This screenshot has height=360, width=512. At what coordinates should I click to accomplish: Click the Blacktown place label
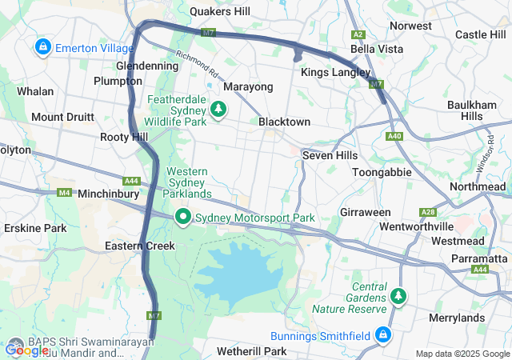[x=284, y=122]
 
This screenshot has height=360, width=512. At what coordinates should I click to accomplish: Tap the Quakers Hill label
[x=219, y=11]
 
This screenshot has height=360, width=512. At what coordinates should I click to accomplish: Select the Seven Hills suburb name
[x=329, y=154]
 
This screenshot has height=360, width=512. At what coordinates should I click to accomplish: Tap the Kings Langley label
[x=335, y=73]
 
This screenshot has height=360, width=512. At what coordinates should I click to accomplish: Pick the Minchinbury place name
[x=110, y=194]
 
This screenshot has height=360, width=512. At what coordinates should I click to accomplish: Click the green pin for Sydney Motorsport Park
[x=182, y=217]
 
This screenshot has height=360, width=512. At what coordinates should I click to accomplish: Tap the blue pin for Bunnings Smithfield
[x=384, y=334]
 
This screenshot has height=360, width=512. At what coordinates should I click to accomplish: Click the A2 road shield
[x=358, y=34]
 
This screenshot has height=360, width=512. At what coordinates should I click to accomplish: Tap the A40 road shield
[x=394, y=137]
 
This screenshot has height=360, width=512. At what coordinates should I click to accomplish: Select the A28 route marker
[x=427, y=212]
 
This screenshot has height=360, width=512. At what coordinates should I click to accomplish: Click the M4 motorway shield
[x=64, y=192]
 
